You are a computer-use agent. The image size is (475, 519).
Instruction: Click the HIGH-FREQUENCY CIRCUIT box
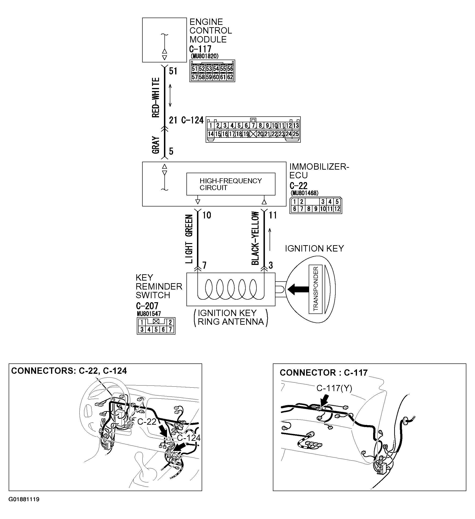coord(230,184)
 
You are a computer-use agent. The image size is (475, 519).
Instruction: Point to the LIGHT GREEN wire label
coord(189,239)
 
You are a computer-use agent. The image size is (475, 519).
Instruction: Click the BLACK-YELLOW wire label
coord(255,238)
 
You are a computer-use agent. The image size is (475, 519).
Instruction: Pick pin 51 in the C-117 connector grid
coord(194,69)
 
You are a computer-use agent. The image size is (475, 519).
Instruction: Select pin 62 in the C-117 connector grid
coord(230,77)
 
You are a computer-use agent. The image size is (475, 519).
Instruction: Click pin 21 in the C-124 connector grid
coord(267,134)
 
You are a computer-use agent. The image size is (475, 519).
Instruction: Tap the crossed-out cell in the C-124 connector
coord(253,134)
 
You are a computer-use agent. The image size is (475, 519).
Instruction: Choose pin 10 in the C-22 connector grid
coord(323,209)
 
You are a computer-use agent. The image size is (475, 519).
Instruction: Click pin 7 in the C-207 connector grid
coord(170,329)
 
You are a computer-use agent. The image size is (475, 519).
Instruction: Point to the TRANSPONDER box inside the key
coord(315,289)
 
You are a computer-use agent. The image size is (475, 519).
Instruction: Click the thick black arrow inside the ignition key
coord(298,289)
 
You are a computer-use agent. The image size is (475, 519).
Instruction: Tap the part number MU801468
coord(304,193)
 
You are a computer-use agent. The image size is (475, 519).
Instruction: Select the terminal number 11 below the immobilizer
coord(273,215)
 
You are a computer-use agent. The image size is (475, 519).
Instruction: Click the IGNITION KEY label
coord(314,249)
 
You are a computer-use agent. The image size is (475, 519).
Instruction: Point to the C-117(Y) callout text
coord(334,388)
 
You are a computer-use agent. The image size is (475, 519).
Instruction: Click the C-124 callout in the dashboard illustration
coord(189,438)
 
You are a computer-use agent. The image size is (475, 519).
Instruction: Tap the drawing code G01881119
coord(24,507)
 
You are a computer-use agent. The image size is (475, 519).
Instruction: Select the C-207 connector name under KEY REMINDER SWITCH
coord(147,306)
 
